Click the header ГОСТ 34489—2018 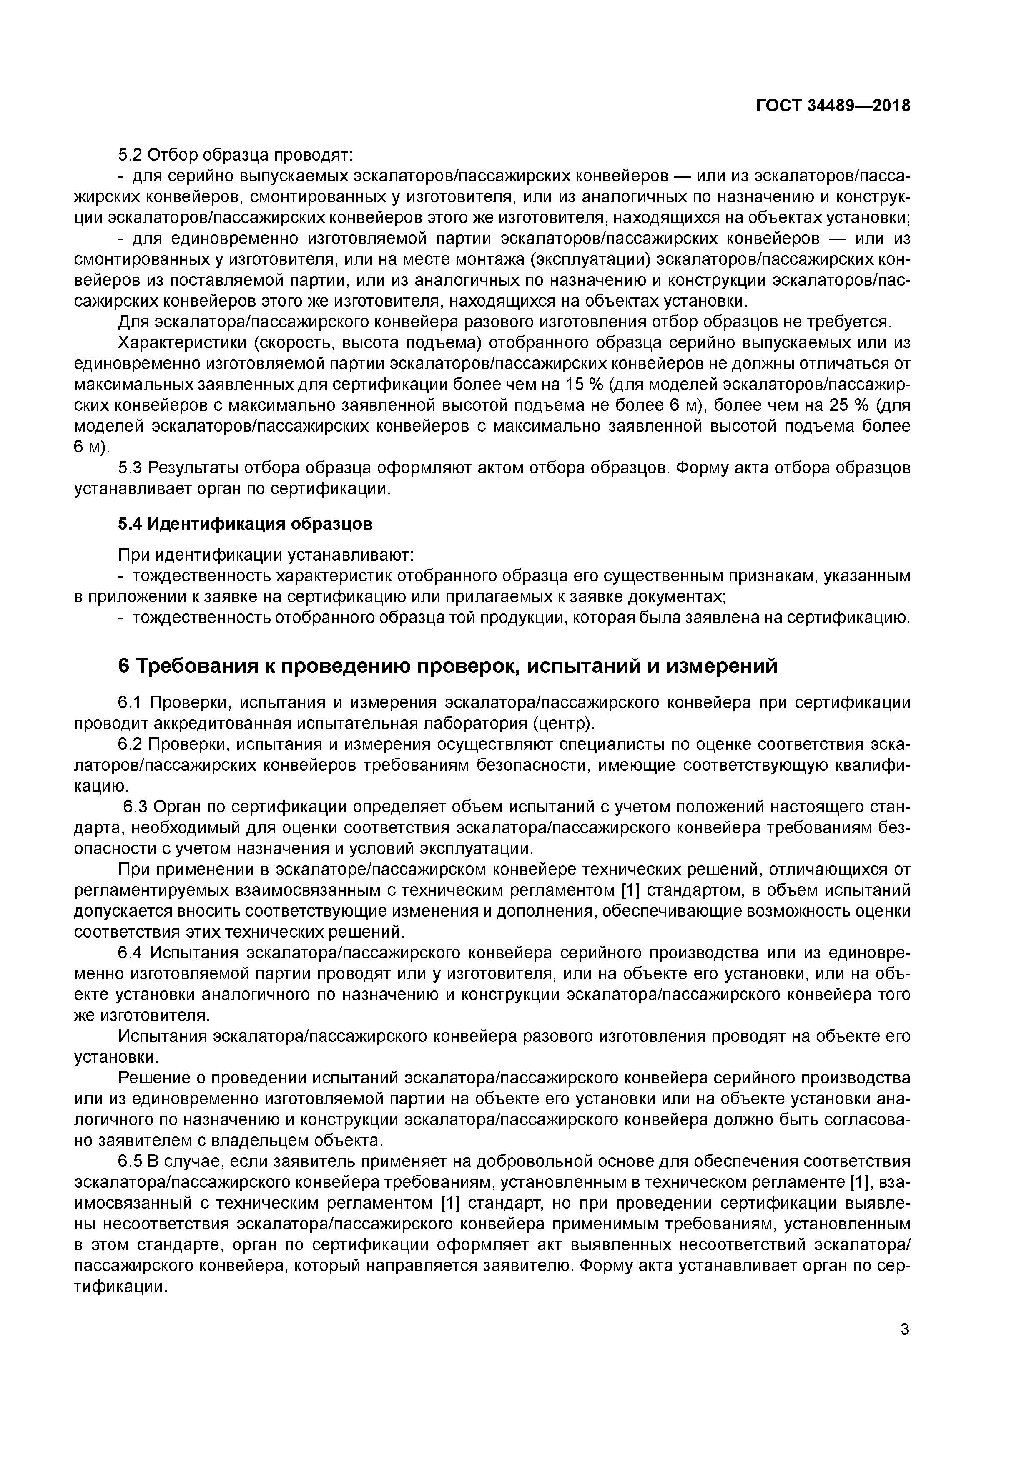833,106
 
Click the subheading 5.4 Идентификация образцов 245,524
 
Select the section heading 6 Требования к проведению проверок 447,666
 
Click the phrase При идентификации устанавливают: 266,555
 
